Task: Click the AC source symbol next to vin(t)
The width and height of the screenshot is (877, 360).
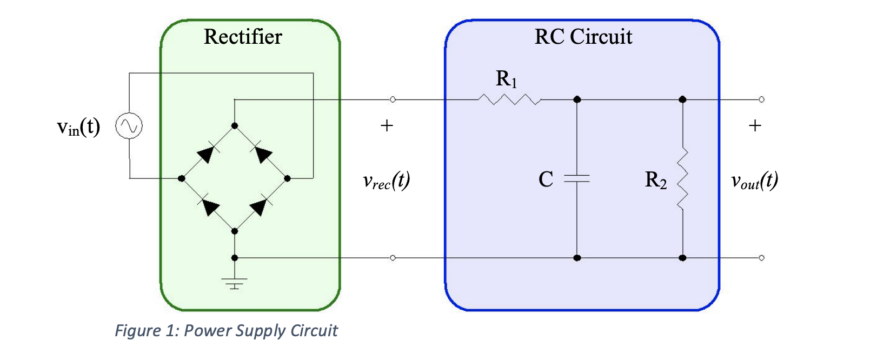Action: coord(129,126)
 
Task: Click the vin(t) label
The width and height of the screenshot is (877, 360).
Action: coord(78,127)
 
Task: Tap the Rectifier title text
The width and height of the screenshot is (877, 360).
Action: coord(243,37)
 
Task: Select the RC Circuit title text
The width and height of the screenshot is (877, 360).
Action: coord(583,37)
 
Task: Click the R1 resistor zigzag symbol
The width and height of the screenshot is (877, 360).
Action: coord(509,99)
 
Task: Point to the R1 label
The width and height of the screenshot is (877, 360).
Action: coord(506,79)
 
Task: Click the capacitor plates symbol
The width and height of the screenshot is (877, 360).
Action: coord(577,178)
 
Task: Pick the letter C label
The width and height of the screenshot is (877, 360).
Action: coord(546,179)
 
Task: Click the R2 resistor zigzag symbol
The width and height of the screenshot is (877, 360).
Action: coord(682,178)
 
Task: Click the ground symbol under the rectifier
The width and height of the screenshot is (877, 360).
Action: coord(234,283)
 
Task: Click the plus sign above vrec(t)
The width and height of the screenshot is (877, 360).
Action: coord(387,126)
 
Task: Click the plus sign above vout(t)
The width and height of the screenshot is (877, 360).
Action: coord(755,126)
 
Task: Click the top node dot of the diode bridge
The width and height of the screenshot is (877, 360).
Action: coord(234,125)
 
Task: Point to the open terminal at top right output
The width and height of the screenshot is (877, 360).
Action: coord(761,99)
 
